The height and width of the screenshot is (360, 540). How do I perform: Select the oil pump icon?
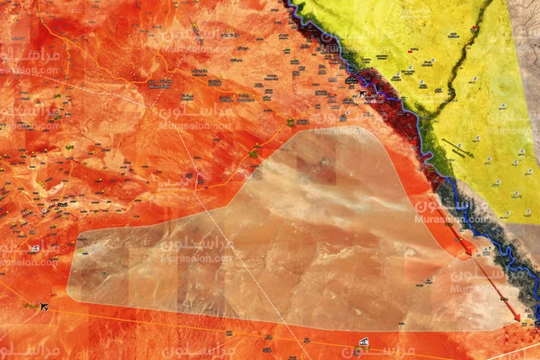[361, 343]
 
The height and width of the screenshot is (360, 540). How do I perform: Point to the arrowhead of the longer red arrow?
[518, 319]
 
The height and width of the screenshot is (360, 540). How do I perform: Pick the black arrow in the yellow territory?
[459, 151]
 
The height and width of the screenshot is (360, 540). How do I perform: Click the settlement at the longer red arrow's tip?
[521, 324]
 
